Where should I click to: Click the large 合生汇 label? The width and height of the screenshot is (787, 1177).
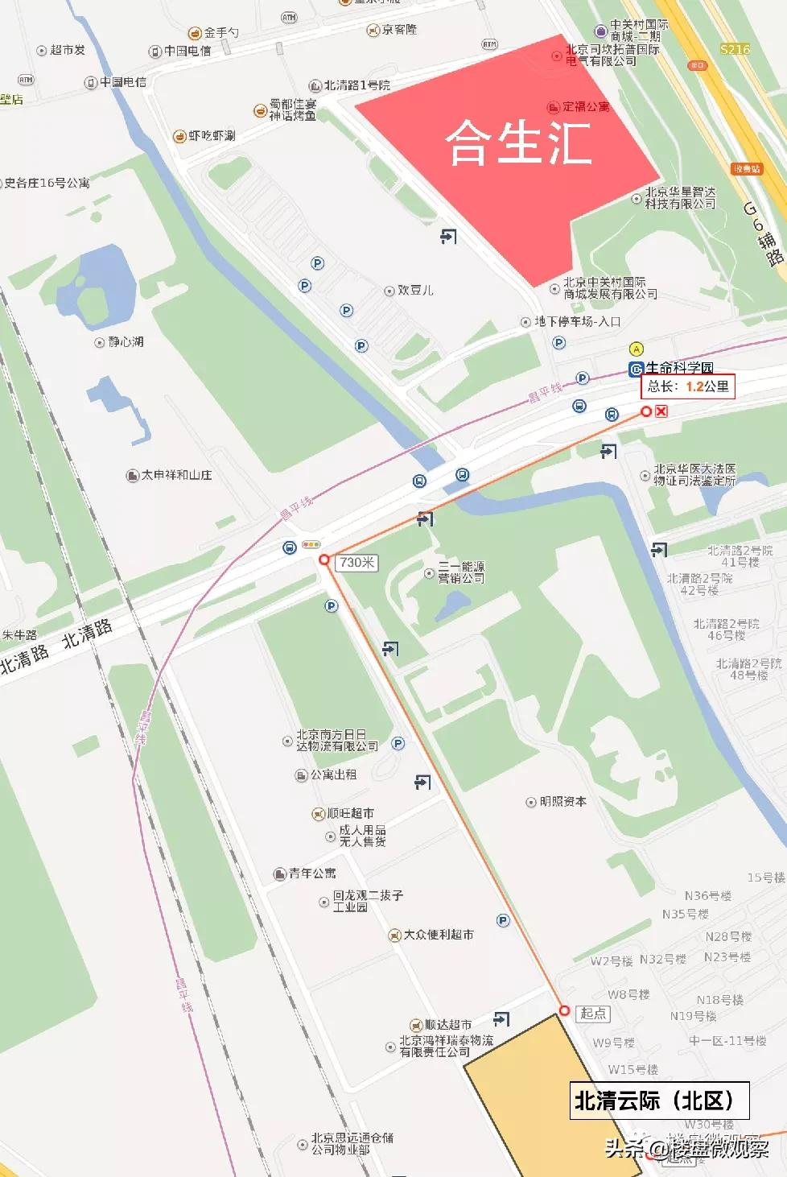pos(519,142)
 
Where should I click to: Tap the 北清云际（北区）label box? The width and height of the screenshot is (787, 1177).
pos(660,1101)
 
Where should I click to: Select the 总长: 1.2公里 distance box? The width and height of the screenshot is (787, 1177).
pos(688,386)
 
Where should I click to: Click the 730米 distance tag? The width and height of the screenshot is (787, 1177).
pos(356,563)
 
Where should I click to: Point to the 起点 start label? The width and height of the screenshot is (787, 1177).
pos(593,1014)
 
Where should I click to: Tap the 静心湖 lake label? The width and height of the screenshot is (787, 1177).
pos(126,342)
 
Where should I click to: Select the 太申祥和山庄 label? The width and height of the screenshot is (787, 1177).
pos(176,475)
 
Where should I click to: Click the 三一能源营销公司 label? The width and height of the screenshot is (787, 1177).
pos(461,572)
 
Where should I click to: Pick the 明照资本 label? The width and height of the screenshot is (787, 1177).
pos(562,802)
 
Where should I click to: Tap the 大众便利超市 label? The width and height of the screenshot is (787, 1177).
pos(438,935)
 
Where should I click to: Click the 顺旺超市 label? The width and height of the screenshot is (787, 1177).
pos(350,813)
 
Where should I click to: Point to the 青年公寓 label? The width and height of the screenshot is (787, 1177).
pos(312,873)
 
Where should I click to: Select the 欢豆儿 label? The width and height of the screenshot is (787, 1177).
pos(414,290)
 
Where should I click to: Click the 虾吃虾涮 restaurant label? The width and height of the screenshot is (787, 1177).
pos(212,136)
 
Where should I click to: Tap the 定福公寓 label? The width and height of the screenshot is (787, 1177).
pos(585,106)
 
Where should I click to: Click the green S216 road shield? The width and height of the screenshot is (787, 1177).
pos(735,49)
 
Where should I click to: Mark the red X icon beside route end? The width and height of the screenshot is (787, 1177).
pos(661,411)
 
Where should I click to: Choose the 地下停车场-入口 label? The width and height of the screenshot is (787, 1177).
pos(577,321)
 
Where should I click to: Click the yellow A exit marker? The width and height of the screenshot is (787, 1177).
pos(637,349)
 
